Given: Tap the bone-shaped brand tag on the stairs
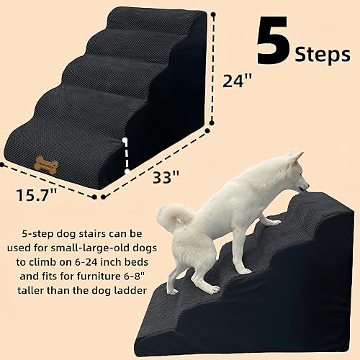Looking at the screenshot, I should click(46, 164).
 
